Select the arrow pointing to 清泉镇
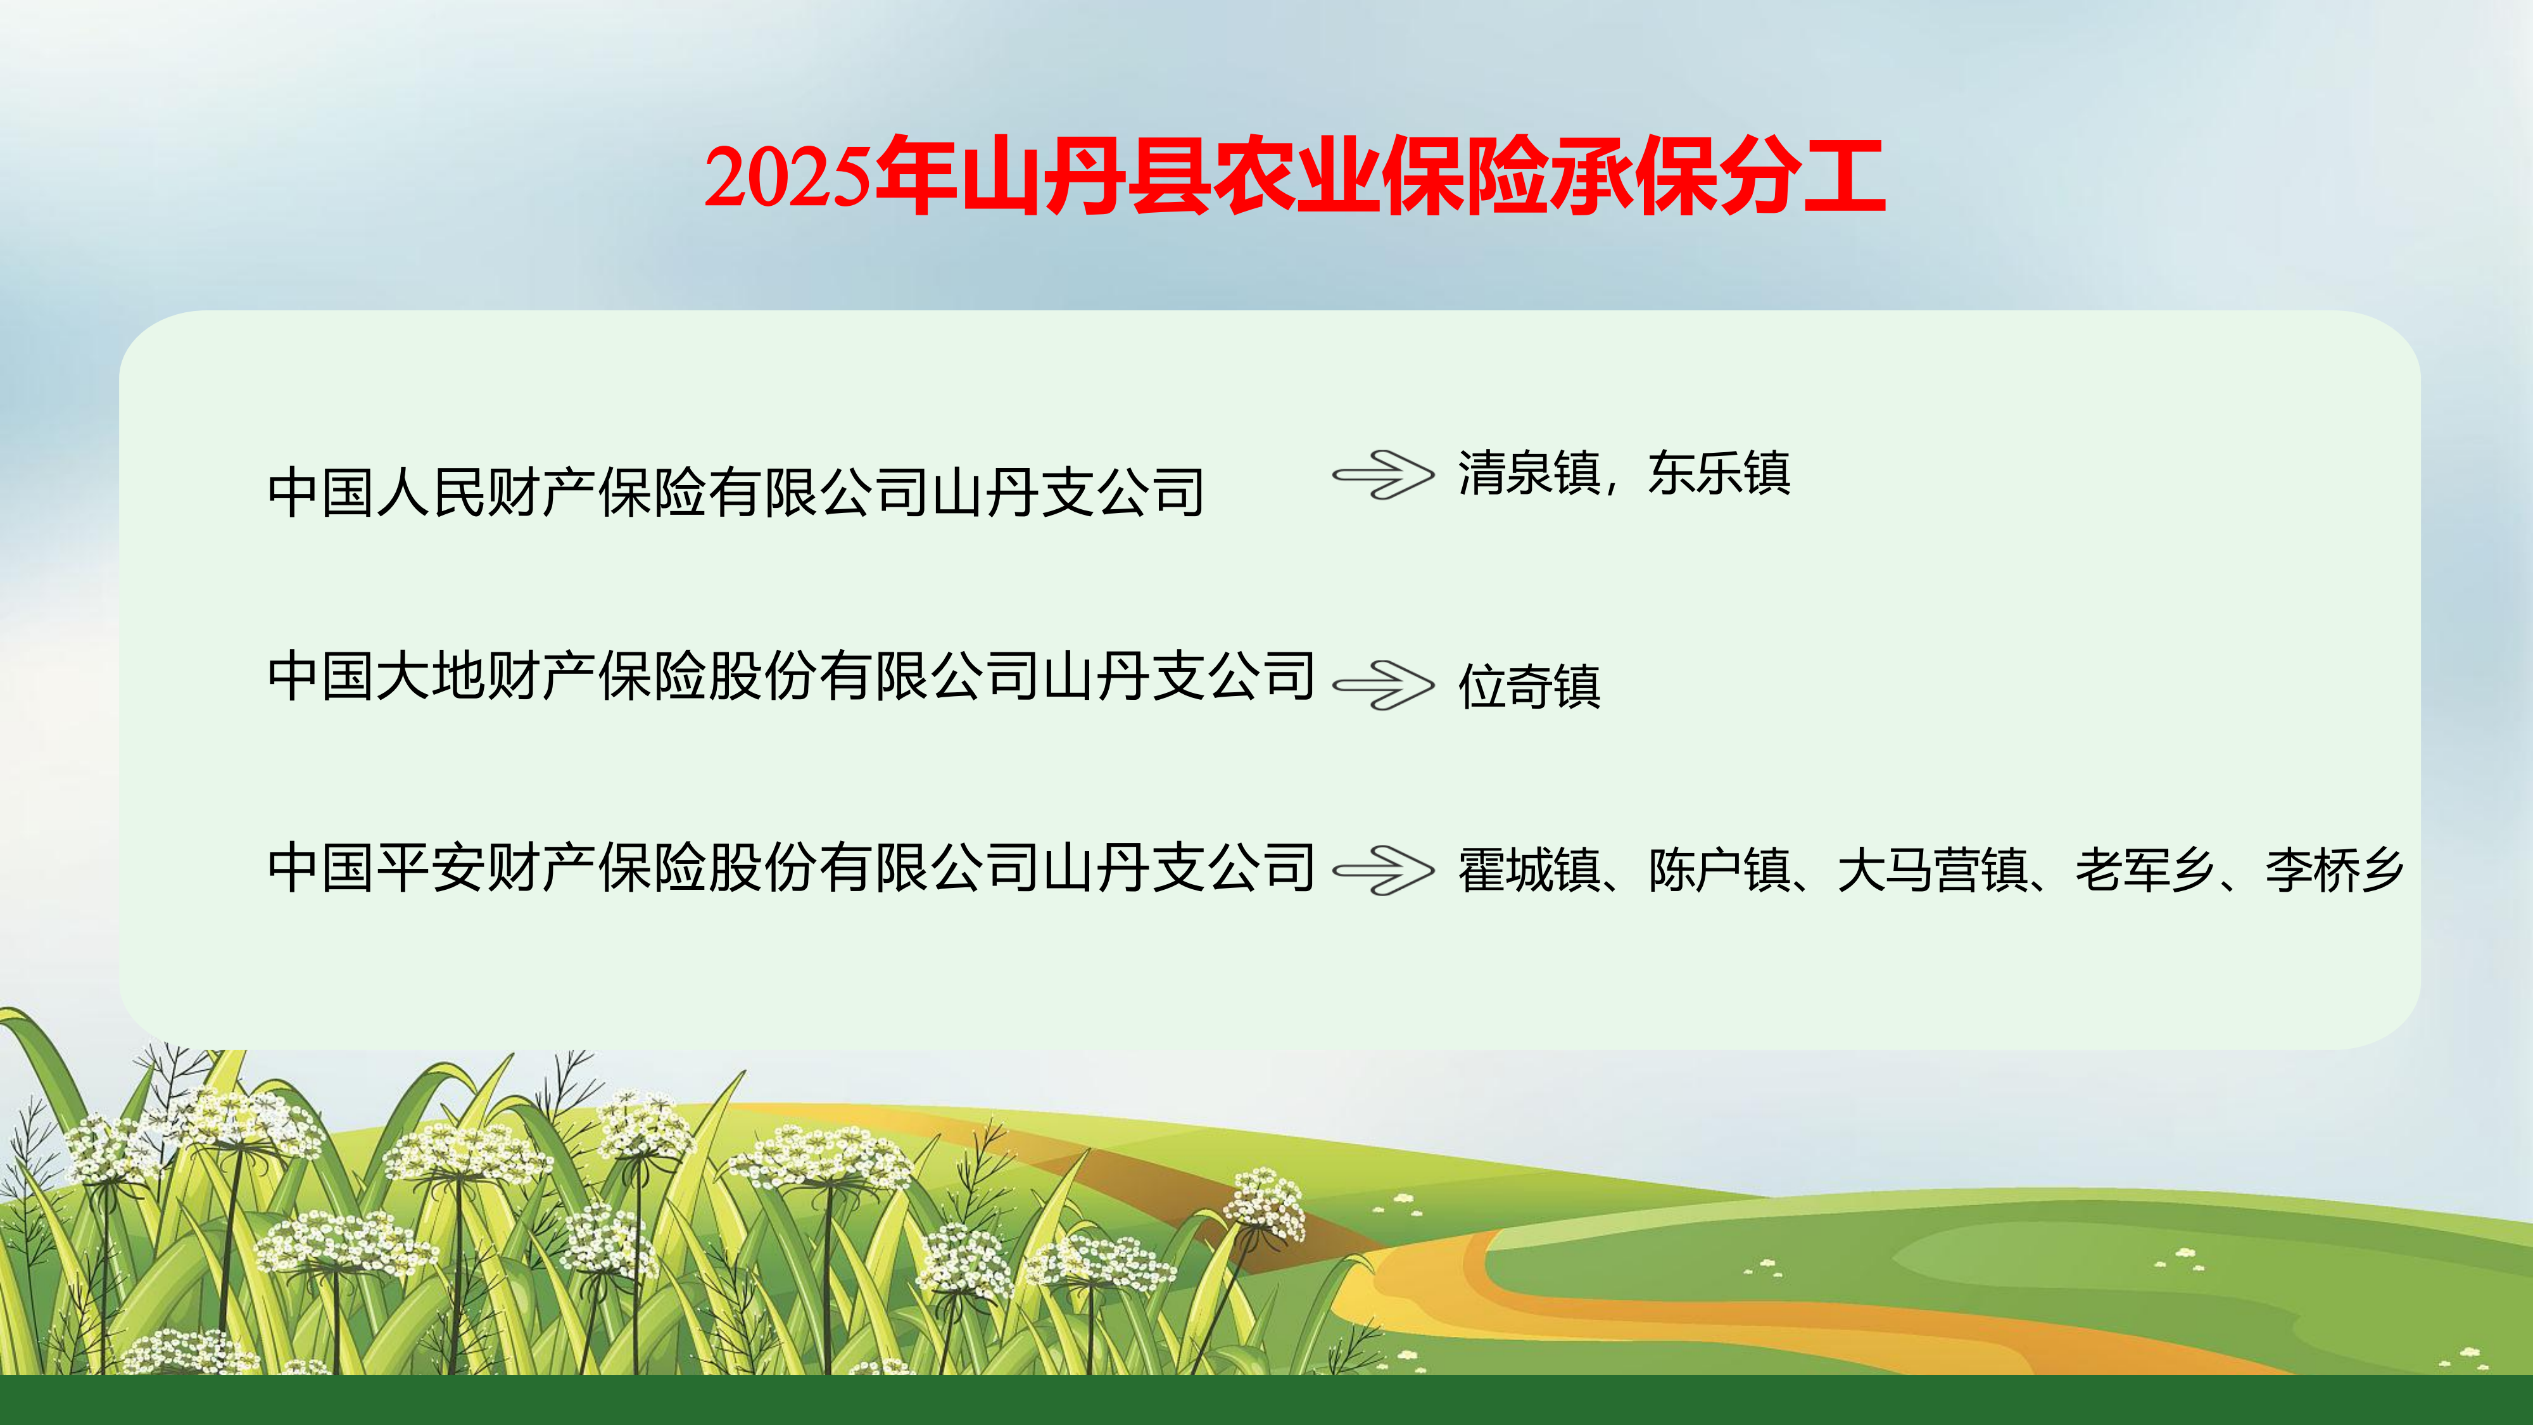(1384, 475)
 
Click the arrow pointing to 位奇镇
(1384, 685)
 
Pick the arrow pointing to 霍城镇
(1384, 870)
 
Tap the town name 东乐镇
(1719, 473)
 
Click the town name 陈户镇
(1719, 870)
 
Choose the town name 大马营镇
(1933, 870)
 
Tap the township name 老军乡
(2145, 870)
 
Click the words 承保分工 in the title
(1718, 177)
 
